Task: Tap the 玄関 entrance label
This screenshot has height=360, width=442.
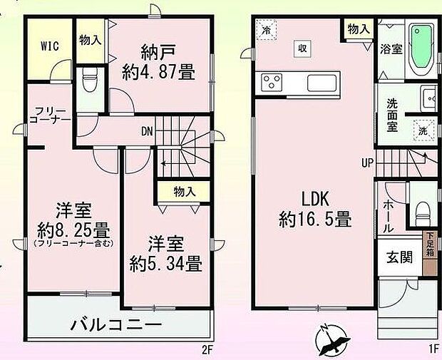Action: click(x=399, y=257)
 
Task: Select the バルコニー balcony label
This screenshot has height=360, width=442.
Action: click(x=116, y=324)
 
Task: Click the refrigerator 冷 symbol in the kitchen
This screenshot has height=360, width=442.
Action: click(x=266, y=31)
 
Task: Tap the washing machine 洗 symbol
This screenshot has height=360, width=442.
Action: click(x=422, y=131)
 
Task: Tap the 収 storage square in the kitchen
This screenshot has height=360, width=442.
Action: click(x=302, y=48)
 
